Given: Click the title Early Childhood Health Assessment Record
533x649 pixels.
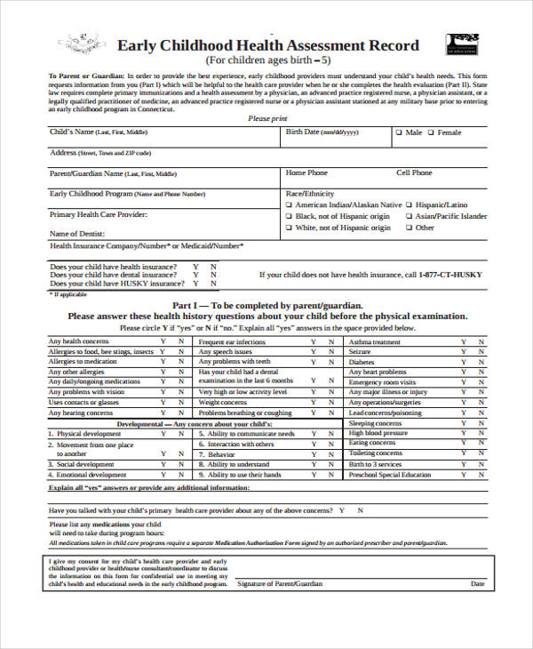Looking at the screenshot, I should pyautogui.click(x=268, y=45).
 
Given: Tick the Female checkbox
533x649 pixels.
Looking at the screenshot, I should pyautogui.click(x=432, y=132).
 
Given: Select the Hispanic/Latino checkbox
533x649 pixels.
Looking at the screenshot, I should pyautogui.click(x=410, y=204).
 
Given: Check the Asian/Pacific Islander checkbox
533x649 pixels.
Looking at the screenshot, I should pyautogui.click(x=410, y=216).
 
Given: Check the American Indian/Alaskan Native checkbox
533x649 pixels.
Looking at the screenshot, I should pyautogui.click(x=289, y=204).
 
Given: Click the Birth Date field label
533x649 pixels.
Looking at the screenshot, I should pyautogui.click(x=322, y=132).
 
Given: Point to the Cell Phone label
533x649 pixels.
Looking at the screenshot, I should pyautogui.click(x=414, y=172).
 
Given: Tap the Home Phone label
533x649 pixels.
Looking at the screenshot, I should pyautogui.click(x=306, y=172).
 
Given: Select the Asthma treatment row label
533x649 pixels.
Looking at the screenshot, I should pyautogui.click(x=374, y=341).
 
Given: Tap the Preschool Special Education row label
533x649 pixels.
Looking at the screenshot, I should pyautogui.click(x=389, y=475).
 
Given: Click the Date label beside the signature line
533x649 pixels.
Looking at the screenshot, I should pyautogui.click(x=478, y=584).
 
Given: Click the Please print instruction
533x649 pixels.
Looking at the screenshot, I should pyautogui.click(x=267, y=118).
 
